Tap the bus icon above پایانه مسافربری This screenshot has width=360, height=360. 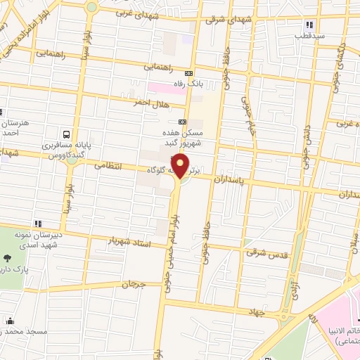(65, 134)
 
